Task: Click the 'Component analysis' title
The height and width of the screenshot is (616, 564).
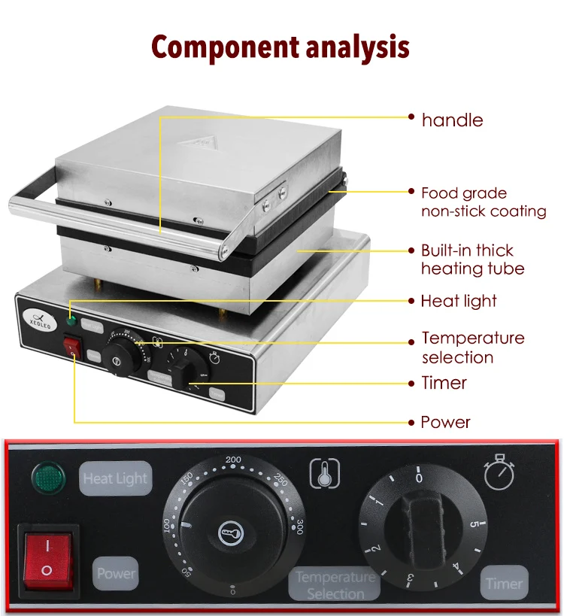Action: tap(280, 47)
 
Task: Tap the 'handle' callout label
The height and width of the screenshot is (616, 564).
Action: tap(452, 120)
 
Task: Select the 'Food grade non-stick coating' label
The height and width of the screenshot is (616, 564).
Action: tap(484, 202)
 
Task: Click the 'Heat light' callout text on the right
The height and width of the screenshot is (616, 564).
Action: tap(459, 301)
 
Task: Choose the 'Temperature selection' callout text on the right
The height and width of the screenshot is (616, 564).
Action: tap(473, 347)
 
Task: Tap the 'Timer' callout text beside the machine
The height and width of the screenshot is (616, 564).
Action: tap(444, 383)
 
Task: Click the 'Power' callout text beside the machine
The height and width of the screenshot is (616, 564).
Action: tap(445, 422)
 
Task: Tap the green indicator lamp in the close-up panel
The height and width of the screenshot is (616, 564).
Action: tap(46, 477)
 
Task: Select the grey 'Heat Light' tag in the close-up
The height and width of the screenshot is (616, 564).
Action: tap(116, 478)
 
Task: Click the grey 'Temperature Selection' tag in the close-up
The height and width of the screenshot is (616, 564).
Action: tap(335, 584)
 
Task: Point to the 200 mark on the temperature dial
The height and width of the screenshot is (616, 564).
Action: tap(233, 459)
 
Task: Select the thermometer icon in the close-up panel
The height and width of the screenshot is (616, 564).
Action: tap(325, 473)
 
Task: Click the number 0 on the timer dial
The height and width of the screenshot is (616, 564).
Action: tap(419, 478)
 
